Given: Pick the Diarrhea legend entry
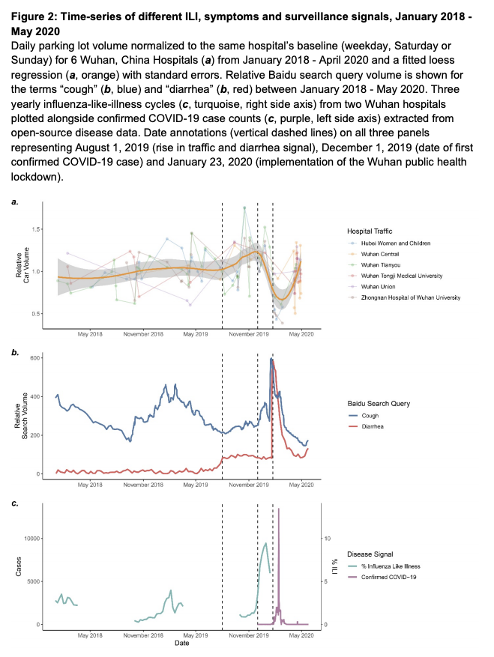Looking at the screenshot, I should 376,426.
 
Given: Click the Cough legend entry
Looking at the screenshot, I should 373,415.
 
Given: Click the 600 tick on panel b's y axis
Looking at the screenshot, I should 34,358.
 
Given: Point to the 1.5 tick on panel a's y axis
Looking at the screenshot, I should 34,229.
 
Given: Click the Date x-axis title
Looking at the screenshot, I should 181,643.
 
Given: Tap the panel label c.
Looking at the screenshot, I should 14,503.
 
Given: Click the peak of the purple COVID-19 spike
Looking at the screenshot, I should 279,509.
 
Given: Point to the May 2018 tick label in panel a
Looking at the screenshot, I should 90,335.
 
